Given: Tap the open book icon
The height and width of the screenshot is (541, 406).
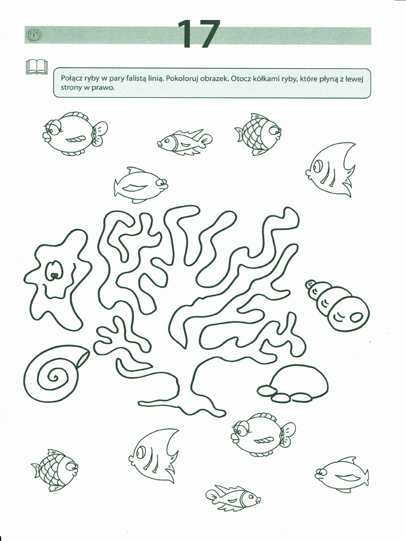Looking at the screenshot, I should (36, 67).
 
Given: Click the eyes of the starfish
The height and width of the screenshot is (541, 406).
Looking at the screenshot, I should (54, 272).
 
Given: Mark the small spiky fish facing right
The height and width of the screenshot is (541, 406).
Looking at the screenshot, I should (233, 497).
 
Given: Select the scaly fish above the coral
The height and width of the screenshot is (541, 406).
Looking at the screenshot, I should (259, 134).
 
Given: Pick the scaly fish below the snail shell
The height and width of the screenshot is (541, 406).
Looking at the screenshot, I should (55, 470).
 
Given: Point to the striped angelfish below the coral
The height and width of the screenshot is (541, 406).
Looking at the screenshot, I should (154, 455).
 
